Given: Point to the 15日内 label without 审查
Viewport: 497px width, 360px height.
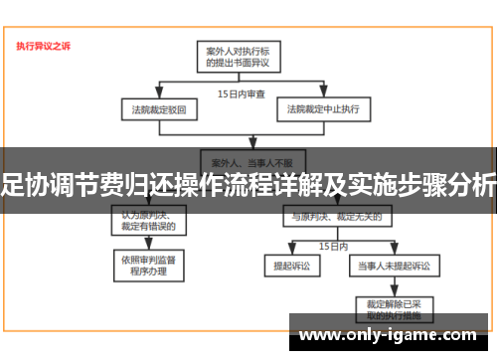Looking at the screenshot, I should (332, 245).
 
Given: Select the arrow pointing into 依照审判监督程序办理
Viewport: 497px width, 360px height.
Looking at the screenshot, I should (148, 245).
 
